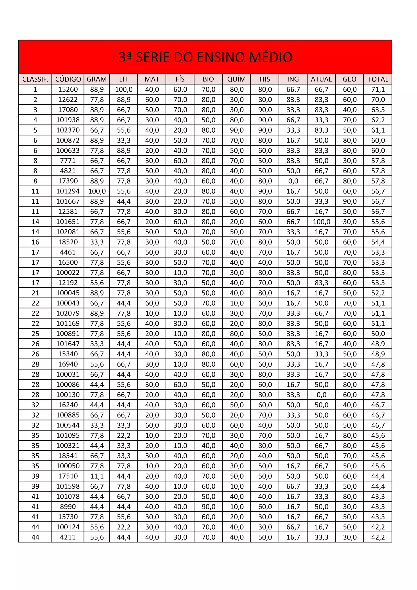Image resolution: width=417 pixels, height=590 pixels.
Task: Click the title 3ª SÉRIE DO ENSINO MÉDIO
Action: pos(205,57)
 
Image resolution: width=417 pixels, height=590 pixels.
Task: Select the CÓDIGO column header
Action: pos(68,79)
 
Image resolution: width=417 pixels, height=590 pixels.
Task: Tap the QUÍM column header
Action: pos(236,79)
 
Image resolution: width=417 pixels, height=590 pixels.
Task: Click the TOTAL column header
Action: pos(378,79)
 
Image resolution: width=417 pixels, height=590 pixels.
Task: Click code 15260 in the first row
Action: pos(68,89)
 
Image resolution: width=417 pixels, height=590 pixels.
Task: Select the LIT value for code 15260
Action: pos(124,89)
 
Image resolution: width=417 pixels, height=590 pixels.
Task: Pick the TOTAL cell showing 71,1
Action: pos(378,89)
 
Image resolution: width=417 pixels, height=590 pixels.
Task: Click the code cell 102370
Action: pos(68,130)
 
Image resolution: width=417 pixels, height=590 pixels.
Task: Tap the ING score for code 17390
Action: pos(293,181)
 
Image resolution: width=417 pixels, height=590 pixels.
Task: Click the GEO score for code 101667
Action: pos(349,201)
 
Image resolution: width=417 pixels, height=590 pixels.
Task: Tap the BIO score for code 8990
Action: pos(208,507)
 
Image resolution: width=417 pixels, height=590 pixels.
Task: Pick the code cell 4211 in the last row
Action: pos(68,537)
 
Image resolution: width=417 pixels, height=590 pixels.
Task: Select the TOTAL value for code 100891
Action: pos(378,334)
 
